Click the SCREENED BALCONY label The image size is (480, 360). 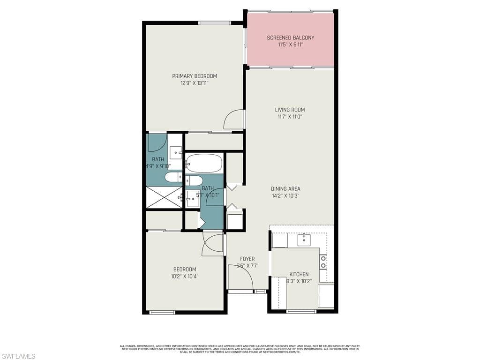pos(290,37)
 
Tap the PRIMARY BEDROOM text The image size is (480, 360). pos(194,76)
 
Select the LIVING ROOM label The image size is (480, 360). pos(290,110)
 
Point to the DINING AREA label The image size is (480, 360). pos(285,189)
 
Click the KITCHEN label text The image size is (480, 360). pos(299,274)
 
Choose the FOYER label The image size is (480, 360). pos(247,259)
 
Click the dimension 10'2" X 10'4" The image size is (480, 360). pos(185,276)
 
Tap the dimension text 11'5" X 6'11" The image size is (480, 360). pos(290,45)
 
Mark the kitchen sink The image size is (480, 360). pos(304,240)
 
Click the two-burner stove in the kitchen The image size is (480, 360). pos(323,262)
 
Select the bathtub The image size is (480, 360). pos(204,163)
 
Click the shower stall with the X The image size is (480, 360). pos(164,197)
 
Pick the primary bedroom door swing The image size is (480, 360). pos(234,120)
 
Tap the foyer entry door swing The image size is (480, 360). pos(240,277)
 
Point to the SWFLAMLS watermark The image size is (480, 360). pos(18,356)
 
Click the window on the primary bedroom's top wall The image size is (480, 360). pos(214,22)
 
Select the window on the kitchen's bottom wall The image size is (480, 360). pos(301,311)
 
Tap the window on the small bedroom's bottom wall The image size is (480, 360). pos(162,312)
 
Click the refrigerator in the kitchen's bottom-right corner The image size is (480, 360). pos(326,295)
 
